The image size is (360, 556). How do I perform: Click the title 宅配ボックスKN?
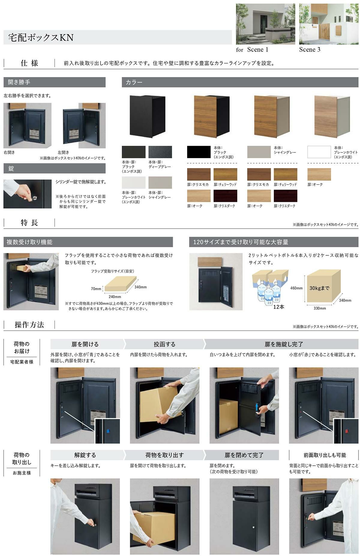tap(41, 38)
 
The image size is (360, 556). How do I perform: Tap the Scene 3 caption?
tap(310, 50)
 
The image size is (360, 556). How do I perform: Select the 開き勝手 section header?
tap(19, 82)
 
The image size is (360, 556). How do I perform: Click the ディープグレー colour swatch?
tap(160, 152)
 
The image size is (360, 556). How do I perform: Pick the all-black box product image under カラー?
tap(147, 116)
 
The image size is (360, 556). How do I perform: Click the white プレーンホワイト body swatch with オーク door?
tap(319, 152)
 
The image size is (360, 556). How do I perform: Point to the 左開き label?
tap(63, 152)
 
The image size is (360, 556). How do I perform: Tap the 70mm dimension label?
tap(96, 289)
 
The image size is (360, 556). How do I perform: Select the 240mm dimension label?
tap(115, 297)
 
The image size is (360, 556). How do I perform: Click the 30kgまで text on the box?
tap(319, 288)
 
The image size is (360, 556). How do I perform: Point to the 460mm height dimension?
tap(296, 288)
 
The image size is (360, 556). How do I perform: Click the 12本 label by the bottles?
tap(279, 307)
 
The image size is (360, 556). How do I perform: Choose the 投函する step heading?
tap(164, 344)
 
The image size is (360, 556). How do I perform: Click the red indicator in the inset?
tap(347, 431)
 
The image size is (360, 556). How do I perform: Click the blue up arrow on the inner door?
tap(256, 407)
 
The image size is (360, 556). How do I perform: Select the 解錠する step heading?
tap(85, 455)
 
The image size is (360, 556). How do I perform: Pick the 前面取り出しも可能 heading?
tap(325, 455)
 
